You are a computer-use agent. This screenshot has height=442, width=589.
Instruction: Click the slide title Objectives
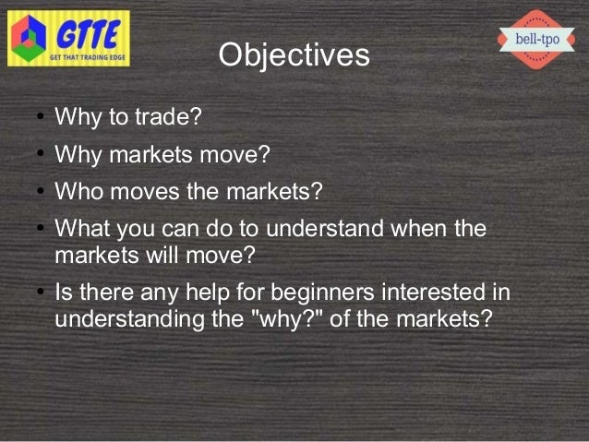(x=294, y=55)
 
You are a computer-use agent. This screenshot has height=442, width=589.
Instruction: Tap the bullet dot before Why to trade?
(x=31, y=119)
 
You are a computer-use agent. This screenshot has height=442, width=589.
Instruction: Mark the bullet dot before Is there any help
(x=31, y=293)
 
